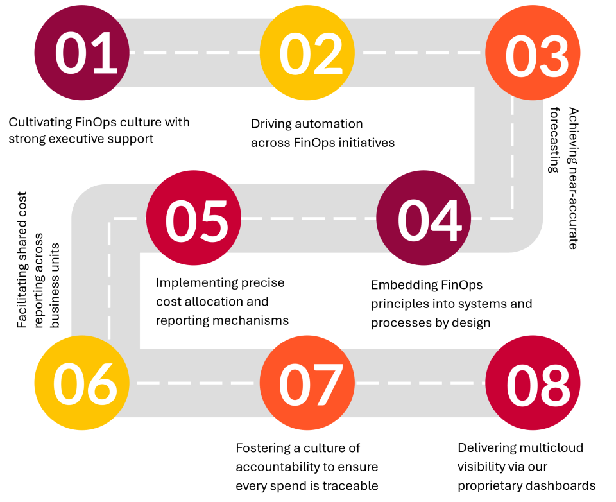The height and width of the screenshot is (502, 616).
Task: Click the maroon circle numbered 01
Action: click(x=81, y=53)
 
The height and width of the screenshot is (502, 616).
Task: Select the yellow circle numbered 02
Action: click(x=307, y=53)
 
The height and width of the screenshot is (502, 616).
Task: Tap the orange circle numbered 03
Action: click(x=533, y=53)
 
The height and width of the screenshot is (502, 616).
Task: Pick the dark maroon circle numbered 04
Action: click(x=424, y=218)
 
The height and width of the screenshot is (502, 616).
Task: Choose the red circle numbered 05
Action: click(x=194, y=218)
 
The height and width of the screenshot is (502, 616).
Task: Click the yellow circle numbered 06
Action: click(x=81, y=383)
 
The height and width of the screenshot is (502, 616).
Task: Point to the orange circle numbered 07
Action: click(x=307, y=383)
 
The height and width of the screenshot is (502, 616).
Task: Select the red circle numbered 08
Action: click(x=533, y=383)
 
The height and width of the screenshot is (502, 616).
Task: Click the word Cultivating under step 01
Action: click(x=40, y=123)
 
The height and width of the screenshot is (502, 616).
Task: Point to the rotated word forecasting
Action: click(x=554, y=140)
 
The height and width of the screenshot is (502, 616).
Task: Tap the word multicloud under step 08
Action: click(x=552, y=447)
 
